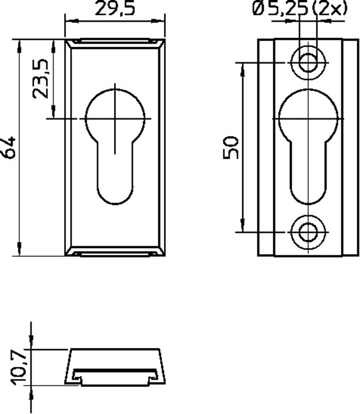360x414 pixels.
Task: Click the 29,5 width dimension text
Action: (115, 9)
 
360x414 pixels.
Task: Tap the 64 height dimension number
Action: (9, 147)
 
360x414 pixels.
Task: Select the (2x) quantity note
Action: (329, 8)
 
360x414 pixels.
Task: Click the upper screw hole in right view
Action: (308, 63)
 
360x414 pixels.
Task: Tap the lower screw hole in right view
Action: (308, 232)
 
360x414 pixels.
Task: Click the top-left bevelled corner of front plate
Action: (69, 43)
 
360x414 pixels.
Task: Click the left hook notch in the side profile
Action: (77, 376)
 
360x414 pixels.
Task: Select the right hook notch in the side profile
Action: (154, 376)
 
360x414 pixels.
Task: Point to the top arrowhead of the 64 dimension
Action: (19, 46)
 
